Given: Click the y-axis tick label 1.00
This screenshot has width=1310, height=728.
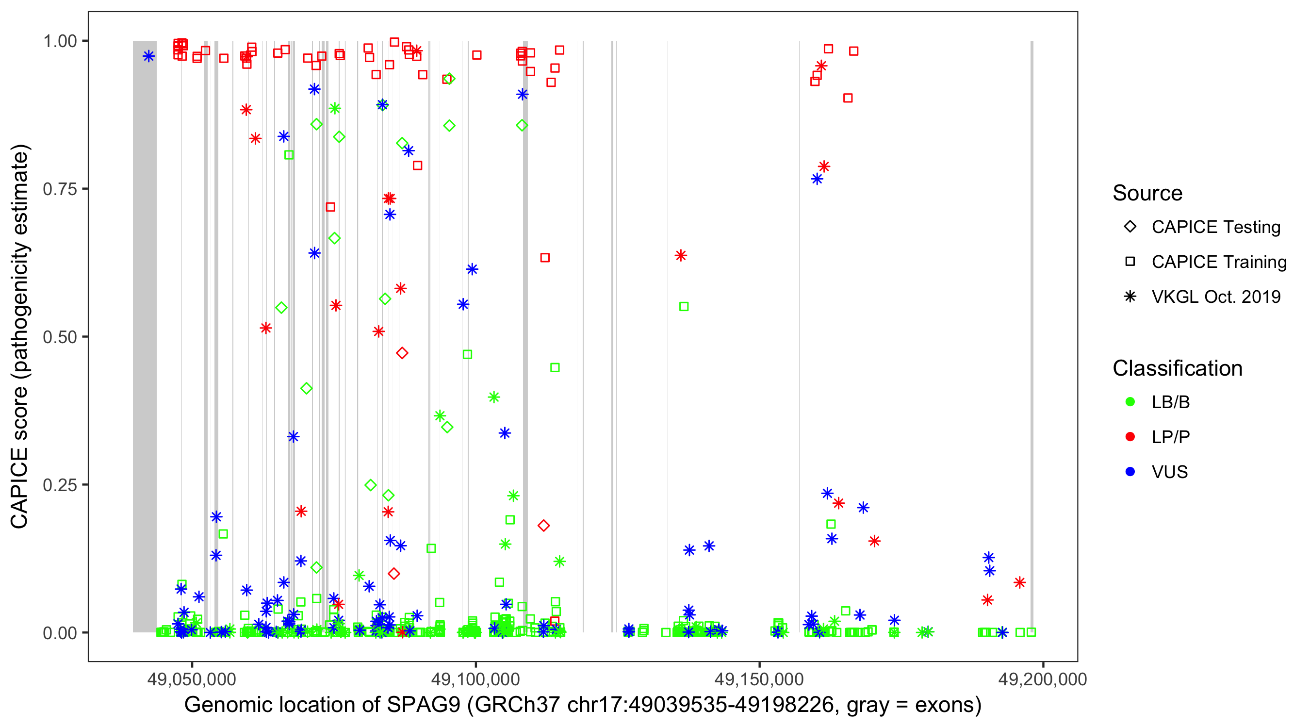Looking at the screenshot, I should click(60, 41).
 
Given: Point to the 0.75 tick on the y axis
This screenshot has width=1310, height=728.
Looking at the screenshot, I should click(60, 189).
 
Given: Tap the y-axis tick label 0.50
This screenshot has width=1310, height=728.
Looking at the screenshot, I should click(60, 337).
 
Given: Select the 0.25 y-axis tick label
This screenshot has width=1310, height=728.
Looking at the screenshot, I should click(60, 484).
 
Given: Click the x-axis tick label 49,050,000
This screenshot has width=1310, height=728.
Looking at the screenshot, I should click(192, 679).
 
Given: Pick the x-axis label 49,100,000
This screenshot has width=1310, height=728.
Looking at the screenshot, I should click(475, 679).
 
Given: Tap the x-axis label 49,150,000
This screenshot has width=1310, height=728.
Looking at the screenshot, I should click(759, 679).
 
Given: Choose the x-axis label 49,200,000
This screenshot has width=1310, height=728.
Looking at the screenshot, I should click(1043, 679).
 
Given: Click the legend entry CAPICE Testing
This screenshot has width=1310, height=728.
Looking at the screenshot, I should click(1215, 227).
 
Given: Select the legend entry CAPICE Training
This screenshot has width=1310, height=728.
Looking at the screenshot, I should click(1218, 262).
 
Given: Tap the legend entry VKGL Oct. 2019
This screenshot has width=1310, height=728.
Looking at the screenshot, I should click(1215, 297).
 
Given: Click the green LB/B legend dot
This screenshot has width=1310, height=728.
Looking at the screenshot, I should click(1130, 402).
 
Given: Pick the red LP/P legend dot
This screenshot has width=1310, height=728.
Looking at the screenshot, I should click(1130, 437).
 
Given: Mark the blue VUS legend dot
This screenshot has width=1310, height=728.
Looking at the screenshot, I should click(1130, 472).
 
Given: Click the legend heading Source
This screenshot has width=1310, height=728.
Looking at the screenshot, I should click(1147, 193).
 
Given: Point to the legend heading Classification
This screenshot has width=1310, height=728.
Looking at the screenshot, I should click(1177, 368).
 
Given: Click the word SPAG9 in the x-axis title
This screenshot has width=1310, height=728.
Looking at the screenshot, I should click(423, 705).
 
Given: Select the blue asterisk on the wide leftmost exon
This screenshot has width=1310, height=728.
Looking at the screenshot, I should click(148, 56).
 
